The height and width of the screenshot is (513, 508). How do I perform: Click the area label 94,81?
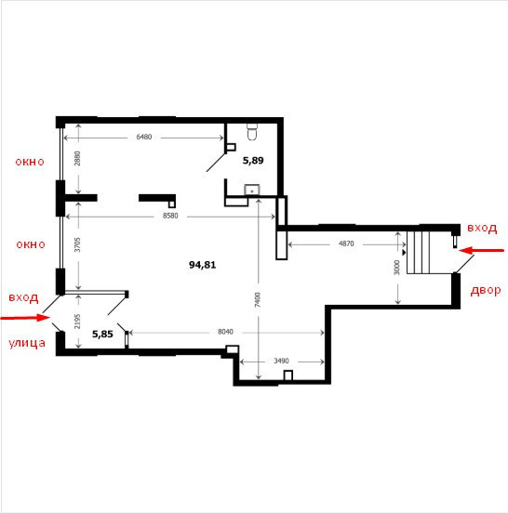pos(203,265)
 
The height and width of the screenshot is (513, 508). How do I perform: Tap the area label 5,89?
pos(253,160)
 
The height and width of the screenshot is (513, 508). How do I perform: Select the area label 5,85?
pos(102,334)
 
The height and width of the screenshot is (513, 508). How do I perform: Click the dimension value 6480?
pos(144,137)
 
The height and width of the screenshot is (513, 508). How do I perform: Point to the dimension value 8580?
pos(170,216)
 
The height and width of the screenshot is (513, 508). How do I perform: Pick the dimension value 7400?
pos(258,299)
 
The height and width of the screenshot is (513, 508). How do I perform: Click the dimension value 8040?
pos(225,332)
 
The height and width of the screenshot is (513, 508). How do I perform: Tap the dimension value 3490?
pos(281,361)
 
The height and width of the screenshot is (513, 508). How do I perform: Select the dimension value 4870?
pos(346,243)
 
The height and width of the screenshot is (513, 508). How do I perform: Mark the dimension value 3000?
pos(396,268)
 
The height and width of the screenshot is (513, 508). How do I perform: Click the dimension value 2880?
pos(77,158)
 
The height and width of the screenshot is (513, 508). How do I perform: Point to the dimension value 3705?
pos(77,244)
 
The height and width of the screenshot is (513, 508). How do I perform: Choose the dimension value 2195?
pos(77,322)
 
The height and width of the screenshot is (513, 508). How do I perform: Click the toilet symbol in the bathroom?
pos(252,132)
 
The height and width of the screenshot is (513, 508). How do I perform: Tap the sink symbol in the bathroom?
pos(252,190)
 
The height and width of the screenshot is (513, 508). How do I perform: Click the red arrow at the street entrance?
pos(25,317)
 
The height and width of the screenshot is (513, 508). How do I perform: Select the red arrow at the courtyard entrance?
pos(481,251)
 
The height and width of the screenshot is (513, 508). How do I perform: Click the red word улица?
pos(27,343)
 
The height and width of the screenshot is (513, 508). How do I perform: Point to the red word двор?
pos(486,291)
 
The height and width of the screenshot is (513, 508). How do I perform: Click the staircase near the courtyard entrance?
pos(419,252)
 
